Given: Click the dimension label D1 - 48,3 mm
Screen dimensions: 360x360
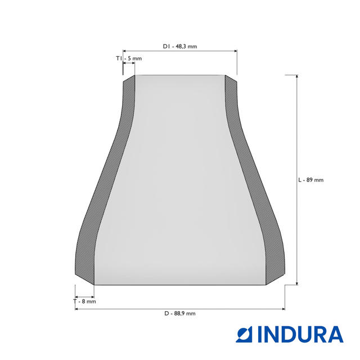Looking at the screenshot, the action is point(180,46).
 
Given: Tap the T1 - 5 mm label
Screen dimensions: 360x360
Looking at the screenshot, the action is point(129,58).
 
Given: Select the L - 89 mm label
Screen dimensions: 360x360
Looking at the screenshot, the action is point(311,180).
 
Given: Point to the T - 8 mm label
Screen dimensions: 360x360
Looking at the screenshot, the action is point(85,301).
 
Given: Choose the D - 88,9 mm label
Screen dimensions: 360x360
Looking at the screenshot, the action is point(180,313).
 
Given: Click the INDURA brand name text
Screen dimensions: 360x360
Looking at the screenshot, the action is point(300,335).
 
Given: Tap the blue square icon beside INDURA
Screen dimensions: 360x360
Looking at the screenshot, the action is point(244,335).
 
